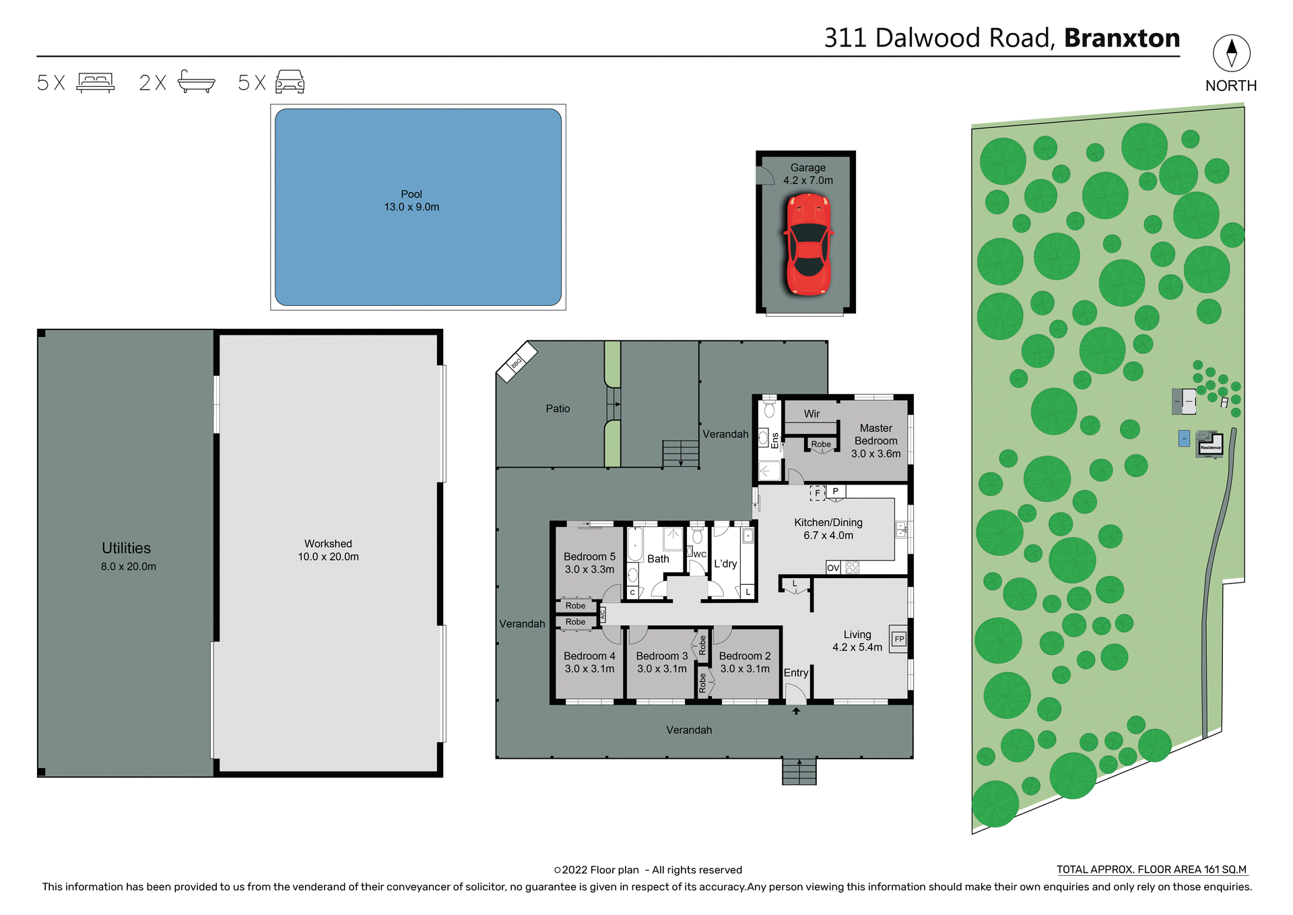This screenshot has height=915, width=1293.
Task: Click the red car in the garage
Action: (x=807, y=244)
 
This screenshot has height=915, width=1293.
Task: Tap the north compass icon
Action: (x=1231, y=53)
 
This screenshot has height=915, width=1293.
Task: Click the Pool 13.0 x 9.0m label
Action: (x=411, y=201)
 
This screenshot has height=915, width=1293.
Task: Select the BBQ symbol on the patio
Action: (x=517, y=362)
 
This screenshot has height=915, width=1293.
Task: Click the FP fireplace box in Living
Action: (x=899, y=639)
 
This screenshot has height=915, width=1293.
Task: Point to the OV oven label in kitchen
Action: (x=833, y=568)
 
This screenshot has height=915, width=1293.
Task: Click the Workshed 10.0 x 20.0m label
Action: (x=328, y=550)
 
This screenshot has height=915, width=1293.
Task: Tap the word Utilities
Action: (x=127, y=548)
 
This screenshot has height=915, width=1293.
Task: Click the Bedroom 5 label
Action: (x=589, y=557)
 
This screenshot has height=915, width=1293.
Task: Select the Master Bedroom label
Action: (x=875, y=435)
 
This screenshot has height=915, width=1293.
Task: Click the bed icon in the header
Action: (x=96, y=82)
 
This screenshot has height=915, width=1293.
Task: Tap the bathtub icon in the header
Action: (x=196, y=82)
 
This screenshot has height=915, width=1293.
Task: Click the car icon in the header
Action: (x=290, y=82)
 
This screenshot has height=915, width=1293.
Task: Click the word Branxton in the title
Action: (x=1122, y=38)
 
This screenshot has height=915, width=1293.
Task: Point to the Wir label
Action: (x=811, y=414)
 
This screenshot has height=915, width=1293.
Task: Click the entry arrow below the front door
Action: (x=796, y=711)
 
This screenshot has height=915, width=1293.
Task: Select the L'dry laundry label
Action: (x=725, y=564)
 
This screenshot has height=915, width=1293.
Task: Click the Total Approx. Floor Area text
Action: (x=1151, y=870)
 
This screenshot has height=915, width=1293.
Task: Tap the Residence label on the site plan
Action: (x=1210, y=447)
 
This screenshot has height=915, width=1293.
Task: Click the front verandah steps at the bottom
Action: (x=799, y=771)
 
